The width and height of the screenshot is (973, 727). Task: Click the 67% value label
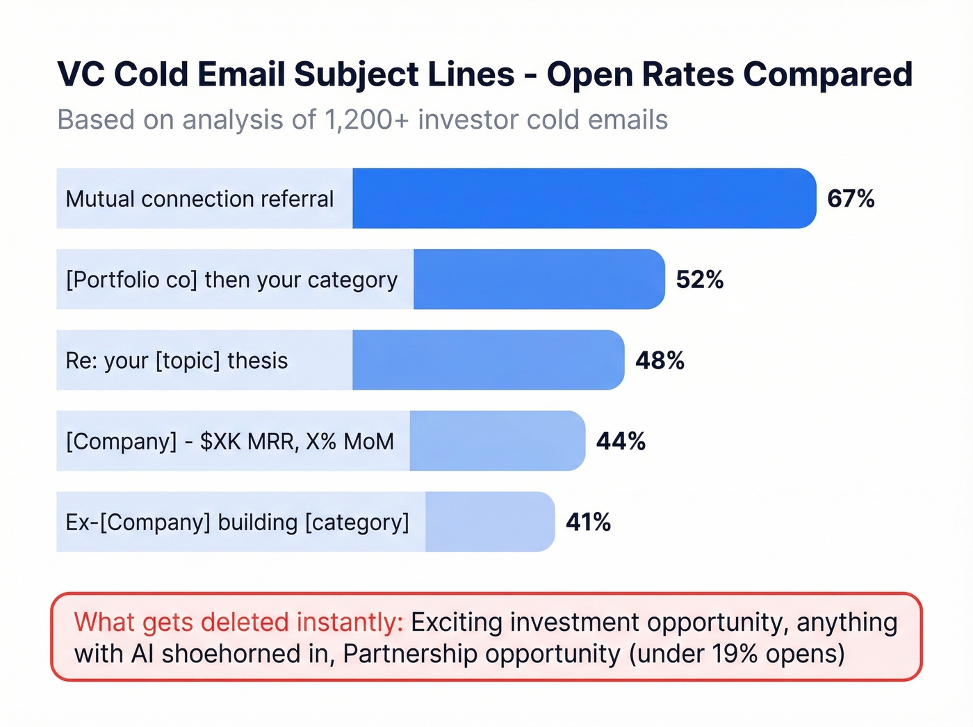[x=851, y=199]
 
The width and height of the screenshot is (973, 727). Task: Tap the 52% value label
[x=700, y=280]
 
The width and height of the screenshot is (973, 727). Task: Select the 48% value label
[x=660, y=360]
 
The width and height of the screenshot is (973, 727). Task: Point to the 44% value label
[x=621, y=441]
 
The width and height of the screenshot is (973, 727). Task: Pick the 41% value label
[x=588, y=522]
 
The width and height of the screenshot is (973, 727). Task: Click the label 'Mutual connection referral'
[x=199, y=199]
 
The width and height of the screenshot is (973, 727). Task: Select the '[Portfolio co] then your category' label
[x=231, y=280]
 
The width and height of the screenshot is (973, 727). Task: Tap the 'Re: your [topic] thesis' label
[x=177, y=360]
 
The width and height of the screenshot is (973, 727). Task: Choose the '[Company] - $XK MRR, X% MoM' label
[x=229, y=441]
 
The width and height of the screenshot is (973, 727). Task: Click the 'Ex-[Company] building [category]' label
[x=237, y=522]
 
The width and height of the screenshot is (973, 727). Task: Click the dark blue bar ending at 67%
[x=584, y=199]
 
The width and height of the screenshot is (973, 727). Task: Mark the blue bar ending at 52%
[x=539, y=280]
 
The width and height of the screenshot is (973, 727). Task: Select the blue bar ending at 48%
[x=488, y=360]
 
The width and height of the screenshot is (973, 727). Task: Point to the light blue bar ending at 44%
[x=497, y=441]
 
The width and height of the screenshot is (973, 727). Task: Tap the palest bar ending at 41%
[x=489, y=522]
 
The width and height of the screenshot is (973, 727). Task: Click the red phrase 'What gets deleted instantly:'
[x=238, y=622]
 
